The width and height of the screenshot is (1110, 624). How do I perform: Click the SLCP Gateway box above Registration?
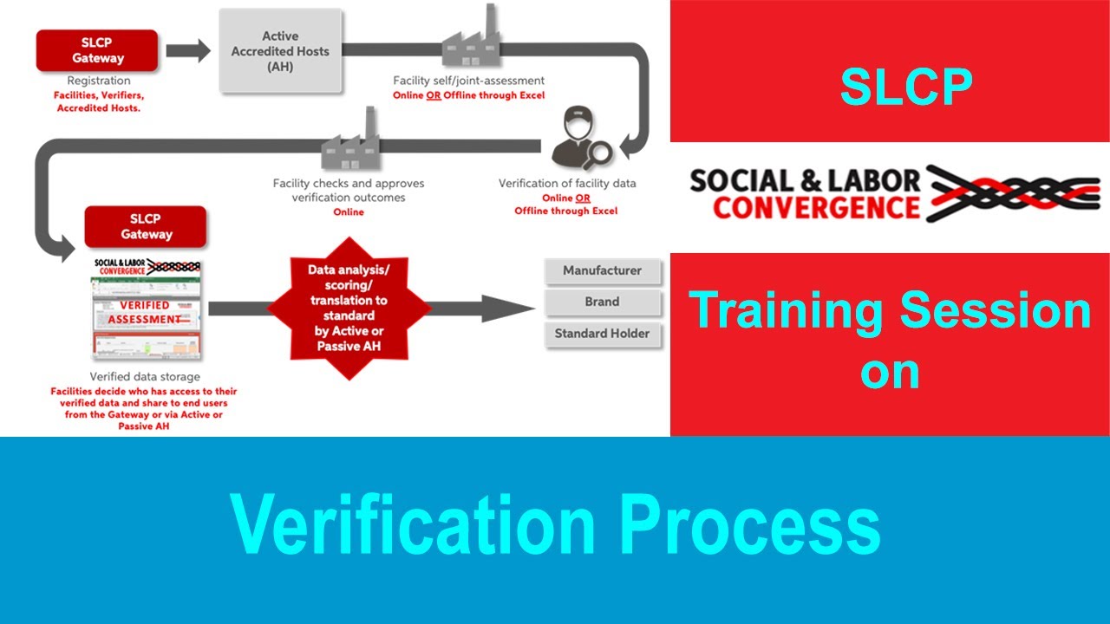click(97, 51)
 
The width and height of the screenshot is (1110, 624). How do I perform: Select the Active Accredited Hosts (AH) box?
click(280, 51)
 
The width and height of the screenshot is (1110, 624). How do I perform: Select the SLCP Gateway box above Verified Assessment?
click(146, 227)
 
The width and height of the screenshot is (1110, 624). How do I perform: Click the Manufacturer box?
click(602, 271)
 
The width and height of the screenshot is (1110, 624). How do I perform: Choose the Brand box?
click(602, 302)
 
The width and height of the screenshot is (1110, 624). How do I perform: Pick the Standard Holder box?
click(602, 334)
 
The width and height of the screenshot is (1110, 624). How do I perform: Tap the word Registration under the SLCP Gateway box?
click(99, 81)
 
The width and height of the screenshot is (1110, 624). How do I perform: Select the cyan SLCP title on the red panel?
click(906, 87)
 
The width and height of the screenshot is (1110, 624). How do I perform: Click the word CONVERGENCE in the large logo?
click(816, 208)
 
